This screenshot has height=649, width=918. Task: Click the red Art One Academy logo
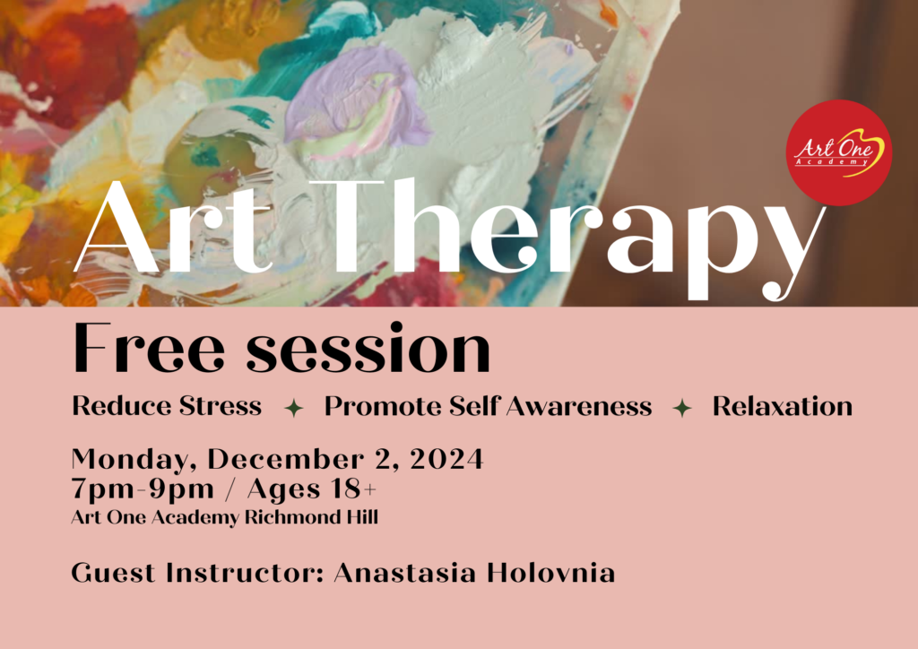pos(838,152)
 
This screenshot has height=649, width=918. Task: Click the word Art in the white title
pos(175,229)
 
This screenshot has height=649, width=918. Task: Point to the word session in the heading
pos(368,348)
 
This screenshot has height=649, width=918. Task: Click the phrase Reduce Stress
pos(167,405)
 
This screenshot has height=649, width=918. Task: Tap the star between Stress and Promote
pos(293,408)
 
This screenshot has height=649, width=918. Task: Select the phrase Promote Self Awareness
pos(489,405)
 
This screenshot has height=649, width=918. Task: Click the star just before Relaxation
pos(682,408)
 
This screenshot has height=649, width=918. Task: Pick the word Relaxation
pos(782,405)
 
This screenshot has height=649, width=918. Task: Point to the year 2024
pos(446,459)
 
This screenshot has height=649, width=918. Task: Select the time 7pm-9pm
pos(143,489)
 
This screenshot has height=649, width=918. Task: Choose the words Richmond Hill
pos(311,516)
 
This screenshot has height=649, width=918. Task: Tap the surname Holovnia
pos(551,572)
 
